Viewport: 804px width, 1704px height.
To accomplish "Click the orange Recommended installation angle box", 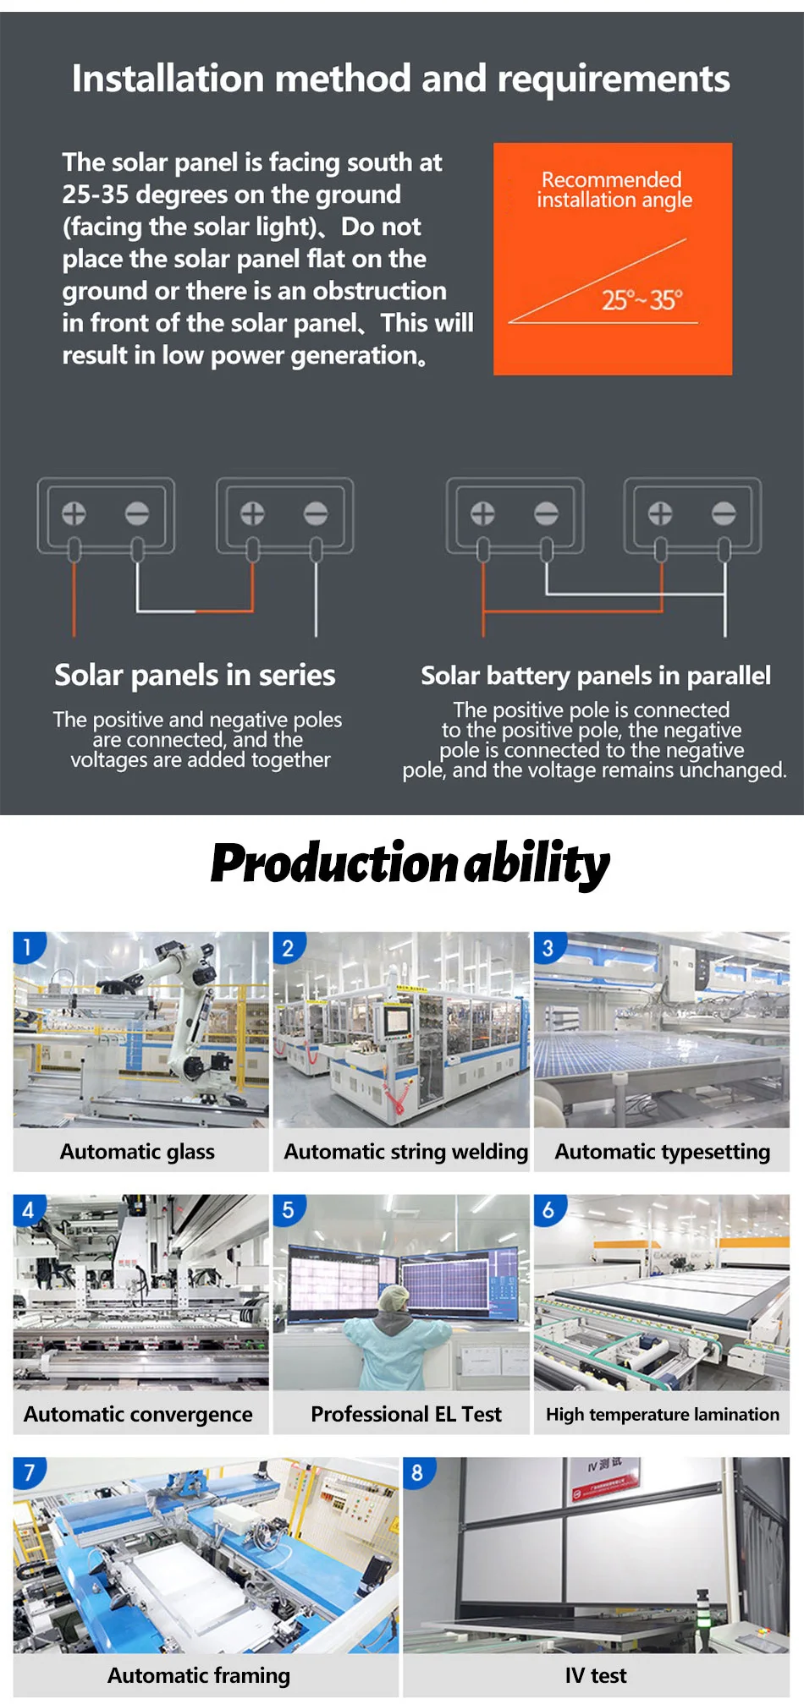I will click(x=613, y=258).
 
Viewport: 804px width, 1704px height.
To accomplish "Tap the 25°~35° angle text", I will click(x=642, y=300).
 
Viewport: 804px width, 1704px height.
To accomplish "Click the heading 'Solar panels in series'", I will click(x=195, y=675).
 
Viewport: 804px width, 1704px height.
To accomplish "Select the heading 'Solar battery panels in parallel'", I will click(x=596, y=676).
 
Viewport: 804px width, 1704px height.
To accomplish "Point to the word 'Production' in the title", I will click(x=334, y=863).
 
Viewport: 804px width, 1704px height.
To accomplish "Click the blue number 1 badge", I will click(x=27, y=947).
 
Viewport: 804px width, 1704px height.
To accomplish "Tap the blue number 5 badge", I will click(x=288, y=1210).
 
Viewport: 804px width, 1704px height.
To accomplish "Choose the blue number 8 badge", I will click(x=417, y=1473).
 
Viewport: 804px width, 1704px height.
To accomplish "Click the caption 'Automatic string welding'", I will click(x=405, y=1152).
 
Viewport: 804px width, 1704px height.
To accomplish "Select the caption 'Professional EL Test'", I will click(x=405, y=1414).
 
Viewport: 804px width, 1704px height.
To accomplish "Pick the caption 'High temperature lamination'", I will click(x=662, y=1414).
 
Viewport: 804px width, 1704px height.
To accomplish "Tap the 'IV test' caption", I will click(x=596, y=1675).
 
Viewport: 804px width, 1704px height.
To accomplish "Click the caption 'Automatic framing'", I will click(x=199, y=1675).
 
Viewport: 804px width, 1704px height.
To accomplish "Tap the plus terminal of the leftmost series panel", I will click(x=74, y=513).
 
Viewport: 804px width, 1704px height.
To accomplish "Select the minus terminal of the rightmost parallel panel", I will click(x=724, y=513).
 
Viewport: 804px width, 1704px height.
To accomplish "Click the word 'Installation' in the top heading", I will click(x=168, y=79).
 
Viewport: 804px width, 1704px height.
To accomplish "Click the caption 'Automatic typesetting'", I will click(x=662, y=1152).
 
